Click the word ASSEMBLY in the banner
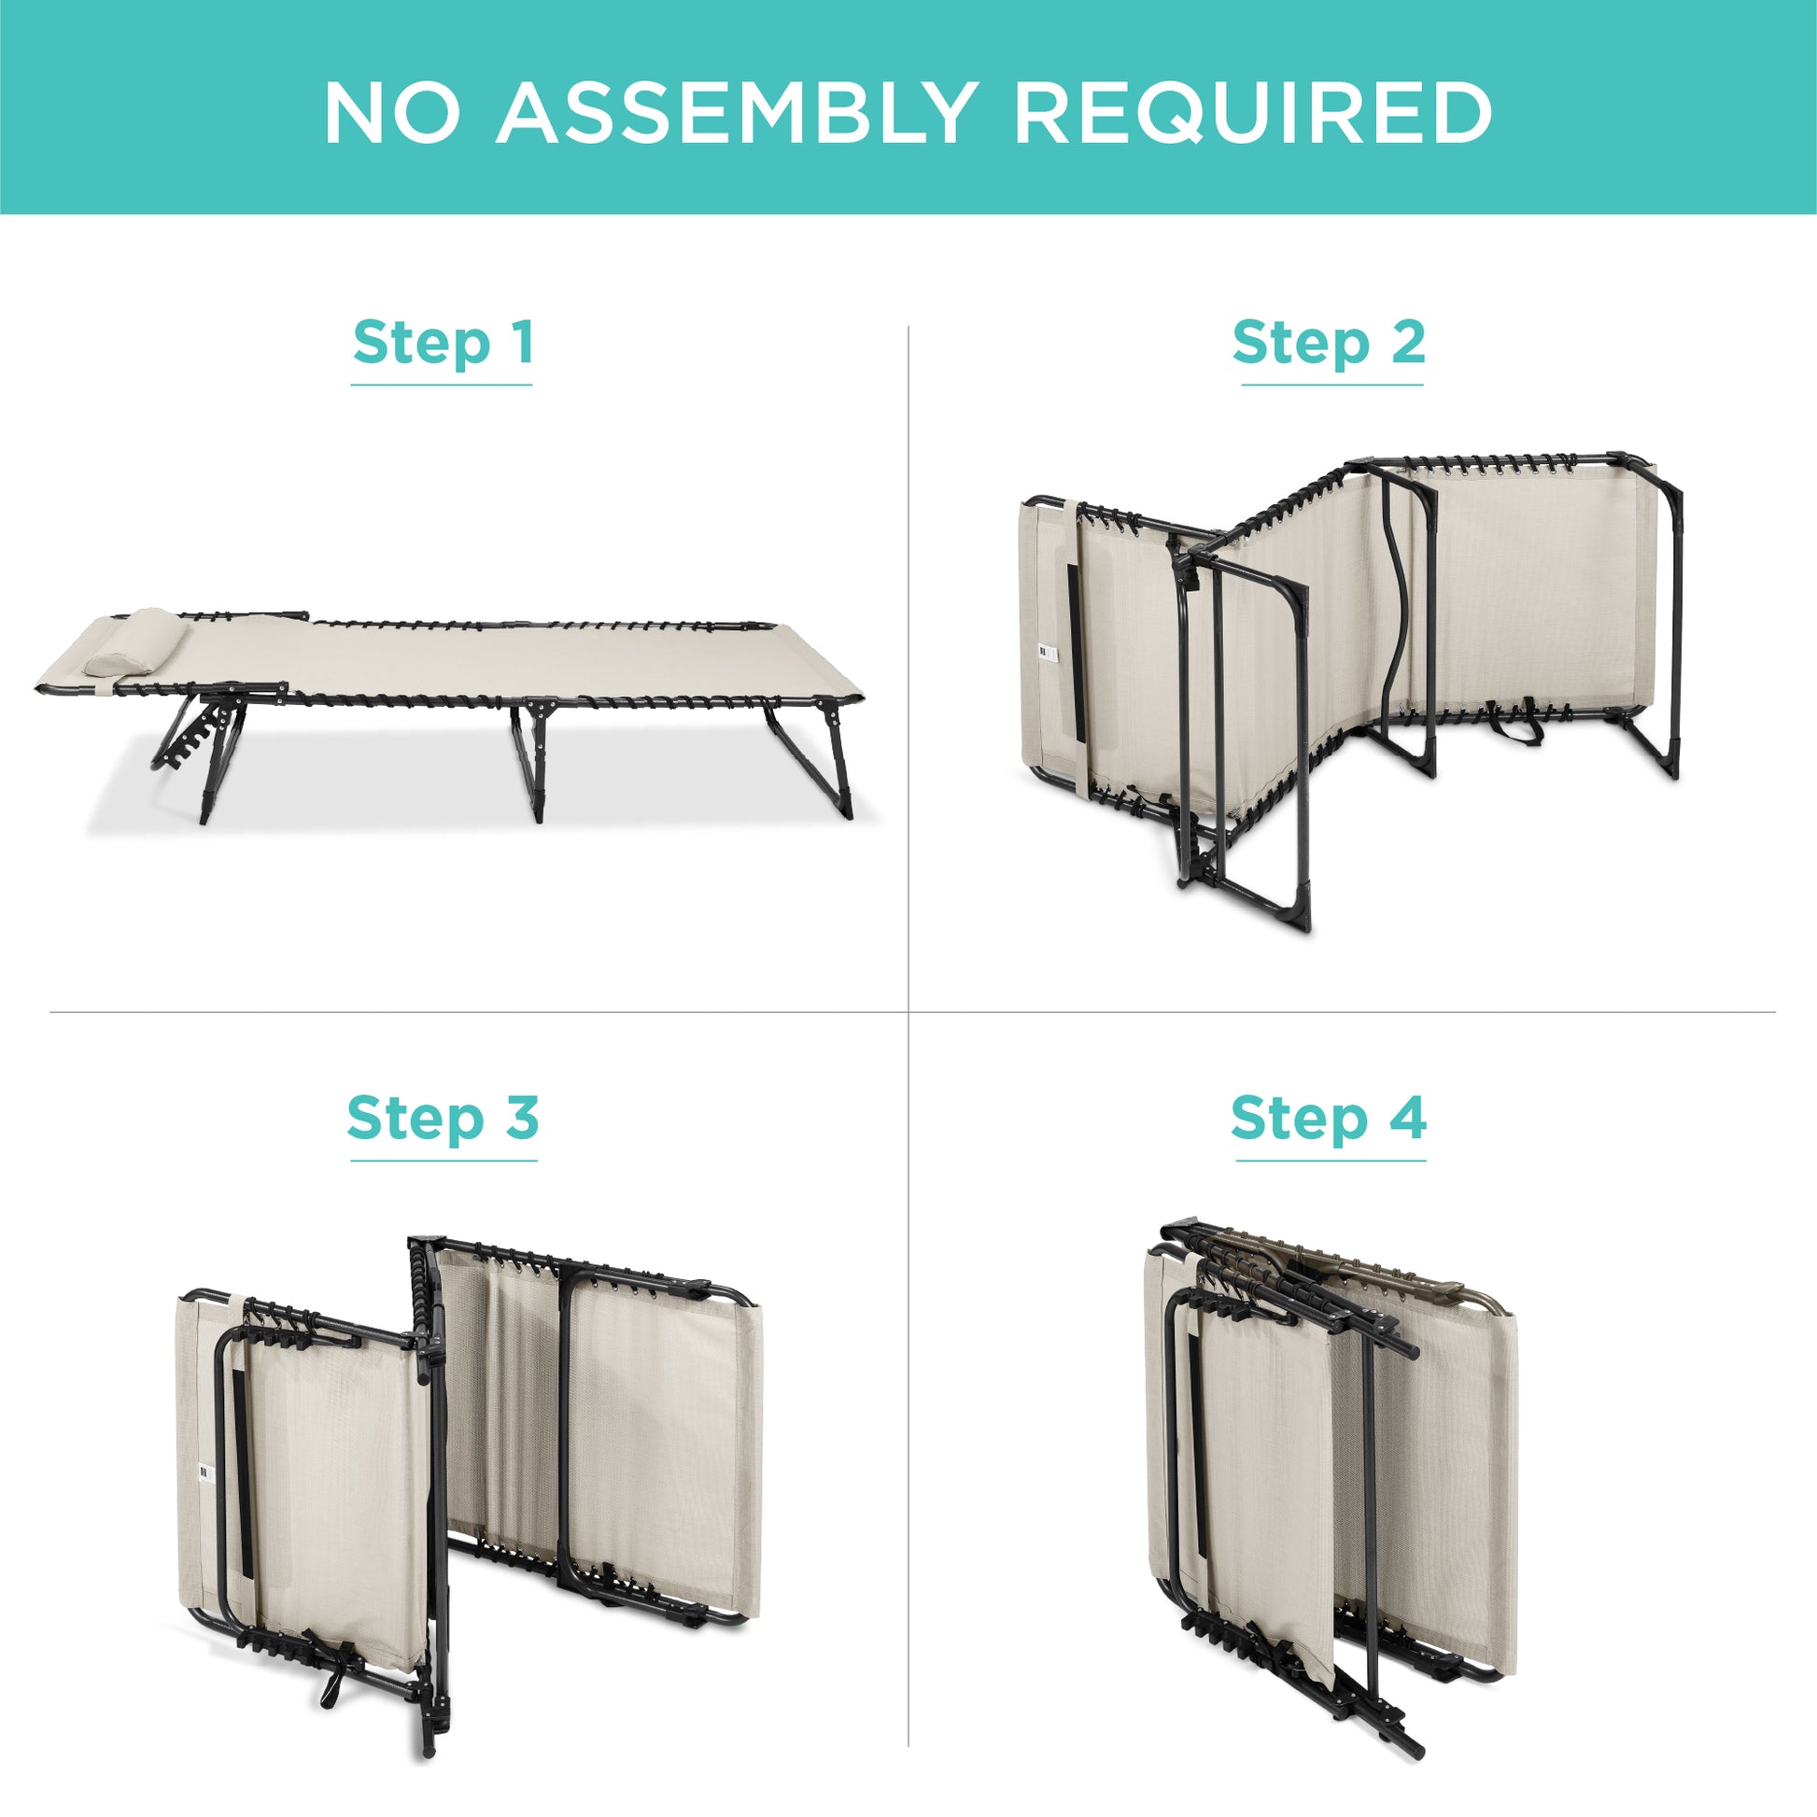pos(735,114)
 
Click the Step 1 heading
pos(443,343)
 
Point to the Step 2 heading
pos(1329,343)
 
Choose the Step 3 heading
pos(443,1119)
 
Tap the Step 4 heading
pos(1329,1119)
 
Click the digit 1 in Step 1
pos(523,343)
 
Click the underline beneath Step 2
pos(1331,385)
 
